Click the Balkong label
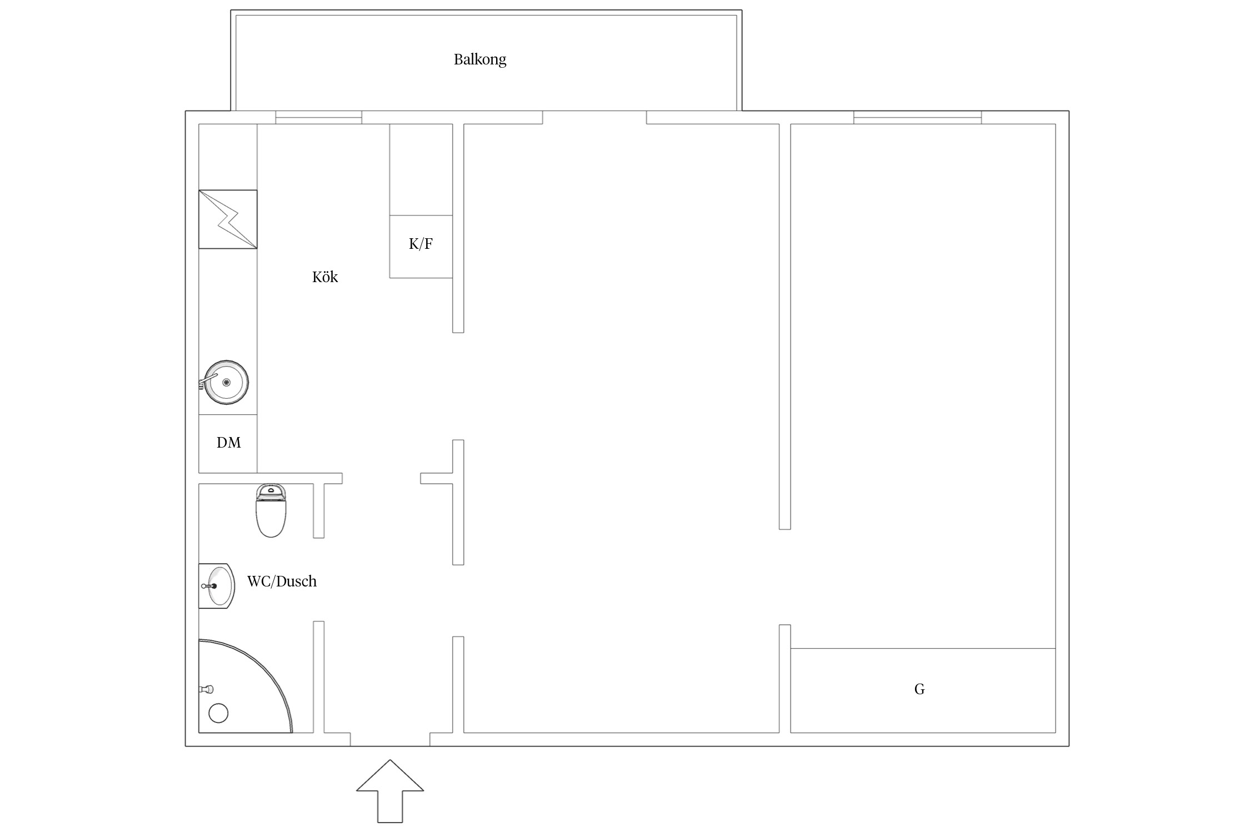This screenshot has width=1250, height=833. click(480, 59)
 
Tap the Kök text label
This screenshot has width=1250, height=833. click(325, 277)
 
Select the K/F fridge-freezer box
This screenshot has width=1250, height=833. click(421, 247)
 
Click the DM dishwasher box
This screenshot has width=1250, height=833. click(228, 444)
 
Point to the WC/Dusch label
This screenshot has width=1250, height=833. click(282, 581)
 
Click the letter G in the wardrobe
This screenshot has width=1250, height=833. click(919, 689)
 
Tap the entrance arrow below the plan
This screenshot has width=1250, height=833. click(390, 791)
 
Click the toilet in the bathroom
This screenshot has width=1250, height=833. click(271, 510)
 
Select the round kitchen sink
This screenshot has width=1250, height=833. click(226, 382)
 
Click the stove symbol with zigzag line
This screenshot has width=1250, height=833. click(228, 219)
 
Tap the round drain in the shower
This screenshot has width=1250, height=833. click(218, 713)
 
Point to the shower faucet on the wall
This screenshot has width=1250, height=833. click(206, 689)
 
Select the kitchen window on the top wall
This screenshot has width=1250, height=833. click(319, 117)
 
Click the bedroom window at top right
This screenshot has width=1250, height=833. click(917, 117)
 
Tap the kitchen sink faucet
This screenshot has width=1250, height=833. click(208, 380)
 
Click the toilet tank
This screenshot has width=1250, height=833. click(271, 490)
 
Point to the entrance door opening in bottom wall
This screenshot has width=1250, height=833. click(390, 740)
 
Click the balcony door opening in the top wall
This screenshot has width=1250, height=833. click(594, 117)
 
